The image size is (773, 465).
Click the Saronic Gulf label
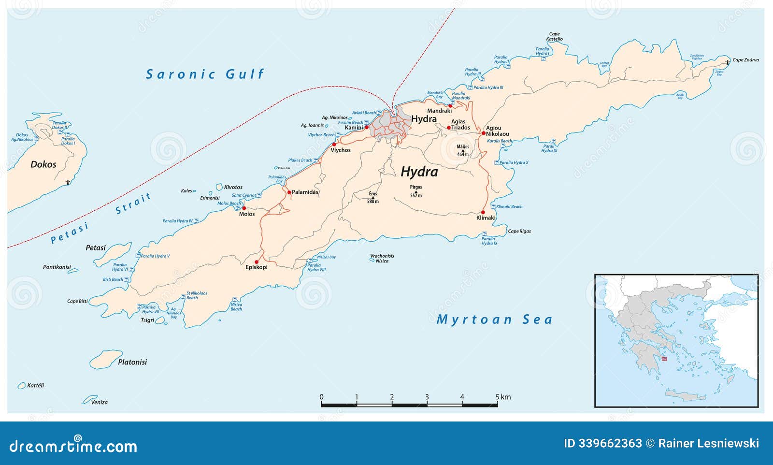click(x=205, y=74)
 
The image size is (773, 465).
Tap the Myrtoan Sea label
click(x=494, y=320)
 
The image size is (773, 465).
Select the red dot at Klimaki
click(x=483, y=212)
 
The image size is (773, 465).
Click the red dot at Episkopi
click(x=256, y=262)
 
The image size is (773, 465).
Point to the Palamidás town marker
click(x=289, y=192)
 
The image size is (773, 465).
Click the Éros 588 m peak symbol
click(x=372, y=197)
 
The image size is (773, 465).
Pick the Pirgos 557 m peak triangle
click(x=416, y=191)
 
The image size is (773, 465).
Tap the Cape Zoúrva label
click(x=745, y=60)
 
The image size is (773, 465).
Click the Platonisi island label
click(x=132, y=362)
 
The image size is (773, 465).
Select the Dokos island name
click(x=43, y=164)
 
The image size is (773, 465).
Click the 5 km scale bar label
click(x=502, y=397)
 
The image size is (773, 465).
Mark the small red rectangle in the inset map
click(x=664, y=359)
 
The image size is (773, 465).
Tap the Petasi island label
click(x=96, y=248)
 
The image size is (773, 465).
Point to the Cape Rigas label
click(x=519, y=231)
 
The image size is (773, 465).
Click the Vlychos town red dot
click(x=334, y=144)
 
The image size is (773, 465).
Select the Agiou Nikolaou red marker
click(x=483, y=133)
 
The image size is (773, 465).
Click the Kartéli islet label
click(x=35, y=385)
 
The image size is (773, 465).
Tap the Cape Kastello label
click(x=555, y=37)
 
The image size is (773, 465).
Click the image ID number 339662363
click(x=603, y=443)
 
